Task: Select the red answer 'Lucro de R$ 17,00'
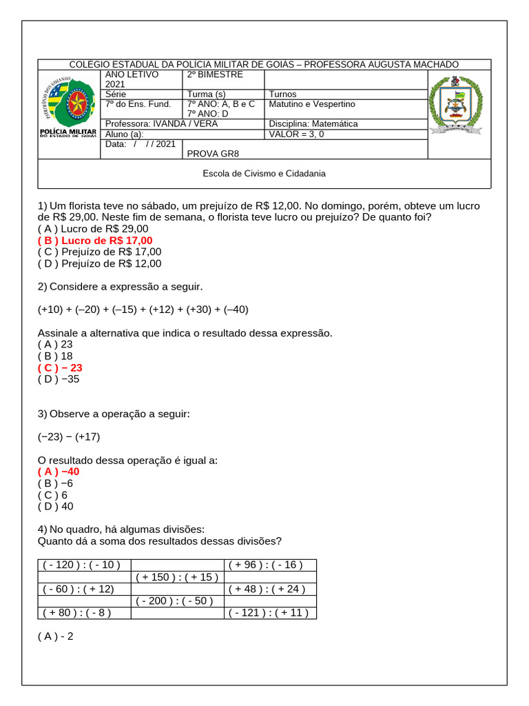[x=95, y=240]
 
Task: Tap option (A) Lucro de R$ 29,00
[x=93, y=228]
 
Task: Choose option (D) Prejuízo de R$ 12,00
[x=99, y=263]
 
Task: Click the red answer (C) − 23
[x=60, y=367]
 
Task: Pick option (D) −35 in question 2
[x=59, y=379]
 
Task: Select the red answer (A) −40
[x=59, y=472]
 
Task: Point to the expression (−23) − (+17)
[x=69, y=436]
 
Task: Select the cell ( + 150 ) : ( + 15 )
[x=176, y=577]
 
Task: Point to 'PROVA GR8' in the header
[x=213, y=154]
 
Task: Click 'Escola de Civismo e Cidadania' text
[x=264, y=174]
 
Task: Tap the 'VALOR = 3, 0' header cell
[x=296, y=134]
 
